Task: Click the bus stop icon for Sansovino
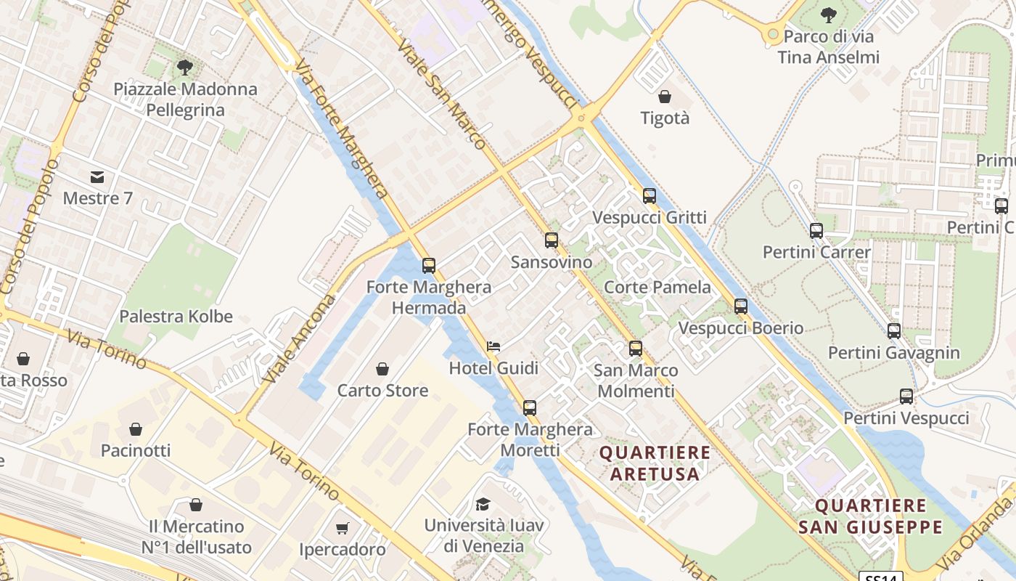(552, 240)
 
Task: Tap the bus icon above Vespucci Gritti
(650, 196)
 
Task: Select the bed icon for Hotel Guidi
(493, 346)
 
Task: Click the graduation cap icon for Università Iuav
(483, 504)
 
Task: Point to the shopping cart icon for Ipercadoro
(343, 528)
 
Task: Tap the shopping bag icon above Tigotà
(665, 97)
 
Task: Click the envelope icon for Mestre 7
(97, 176)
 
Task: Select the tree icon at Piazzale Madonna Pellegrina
(185, 68)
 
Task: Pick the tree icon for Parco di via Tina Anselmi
(828, 15)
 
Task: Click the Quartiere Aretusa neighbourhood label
(655, 463)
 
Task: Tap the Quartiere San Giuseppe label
(870, 516)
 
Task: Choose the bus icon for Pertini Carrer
(816, 231)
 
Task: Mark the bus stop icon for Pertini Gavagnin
(894, 331)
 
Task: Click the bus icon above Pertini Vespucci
(906, 397)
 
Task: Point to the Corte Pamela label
(657, 287)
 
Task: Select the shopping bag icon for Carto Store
(382, 369)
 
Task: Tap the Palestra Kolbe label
(176, 317)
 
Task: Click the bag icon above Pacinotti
(136, 429)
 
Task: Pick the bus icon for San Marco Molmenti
(636, 349)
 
